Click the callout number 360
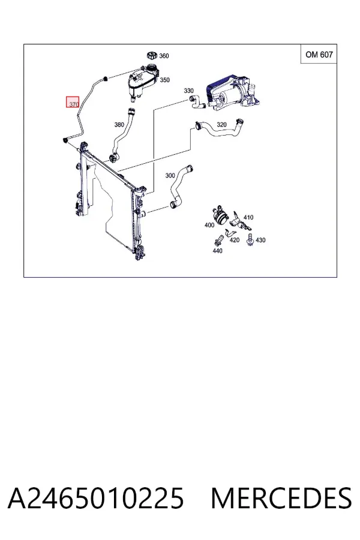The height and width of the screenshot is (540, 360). [164, 56]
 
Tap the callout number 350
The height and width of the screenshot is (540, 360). [164, 80]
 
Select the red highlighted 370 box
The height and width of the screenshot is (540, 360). [73, 101]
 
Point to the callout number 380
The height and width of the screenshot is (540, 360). [119, 124]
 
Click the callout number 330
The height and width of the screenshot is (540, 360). [189, 91]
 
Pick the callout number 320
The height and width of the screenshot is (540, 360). [221, 124]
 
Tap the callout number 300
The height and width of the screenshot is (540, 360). [170, 175]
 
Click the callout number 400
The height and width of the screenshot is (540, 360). [209, 225]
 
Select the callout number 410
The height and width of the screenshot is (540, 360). [248, 217]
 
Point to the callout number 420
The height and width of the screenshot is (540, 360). [234, 239]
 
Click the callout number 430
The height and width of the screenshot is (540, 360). [260, 239]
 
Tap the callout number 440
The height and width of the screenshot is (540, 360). [217, 251]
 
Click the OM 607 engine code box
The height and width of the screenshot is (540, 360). [319, 54]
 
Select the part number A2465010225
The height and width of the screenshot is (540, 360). [96, 498]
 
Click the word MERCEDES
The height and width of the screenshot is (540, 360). [281, 498]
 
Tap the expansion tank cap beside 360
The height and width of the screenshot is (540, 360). [152, 55]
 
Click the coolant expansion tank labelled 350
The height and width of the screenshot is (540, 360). [143, 82]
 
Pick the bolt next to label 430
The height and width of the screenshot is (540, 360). [250, 239]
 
